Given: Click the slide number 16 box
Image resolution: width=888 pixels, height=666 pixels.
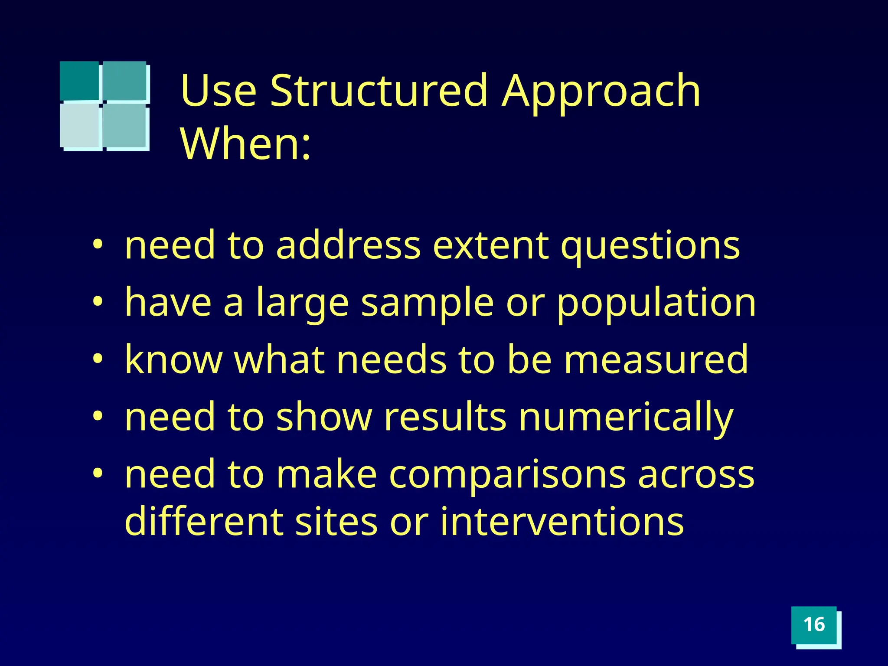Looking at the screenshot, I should point(814,625).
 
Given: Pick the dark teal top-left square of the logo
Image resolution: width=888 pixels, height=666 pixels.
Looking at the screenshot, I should point(79,81).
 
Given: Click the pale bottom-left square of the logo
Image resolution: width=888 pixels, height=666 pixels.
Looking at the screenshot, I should point(80,125).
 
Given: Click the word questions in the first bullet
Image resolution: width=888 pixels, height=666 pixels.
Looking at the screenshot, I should point(650,247).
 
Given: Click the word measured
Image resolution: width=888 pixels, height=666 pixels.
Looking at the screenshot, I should point(656,359).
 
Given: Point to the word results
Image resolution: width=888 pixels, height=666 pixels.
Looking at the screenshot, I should point(445,417).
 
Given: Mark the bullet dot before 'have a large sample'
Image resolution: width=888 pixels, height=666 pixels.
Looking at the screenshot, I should point(98,300).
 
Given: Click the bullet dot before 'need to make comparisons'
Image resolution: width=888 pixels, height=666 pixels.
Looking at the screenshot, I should point(98,472).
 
